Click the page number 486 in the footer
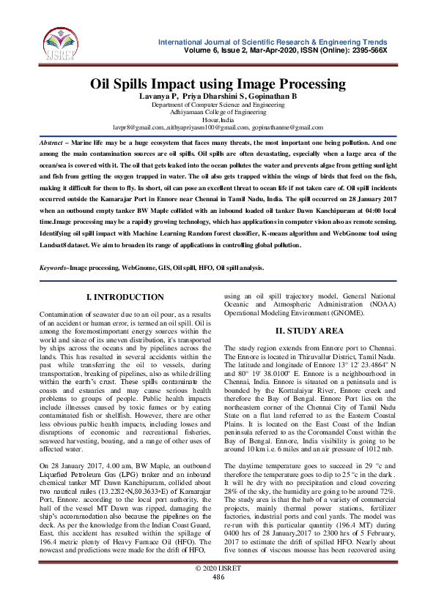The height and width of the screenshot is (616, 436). click(218, 598)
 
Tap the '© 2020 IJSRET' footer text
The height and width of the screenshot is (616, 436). click(218, 590)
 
